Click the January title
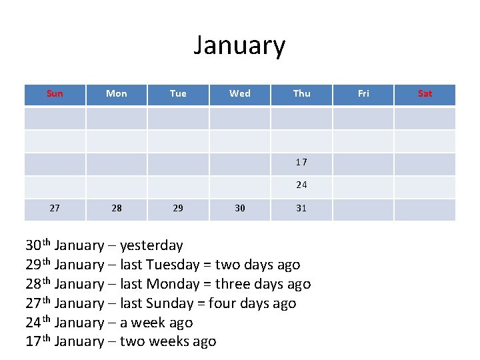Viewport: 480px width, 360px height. coord(239,45)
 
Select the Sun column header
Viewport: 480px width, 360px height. coord(55,93)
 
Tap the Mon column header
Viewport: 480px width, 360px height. coord(117,93)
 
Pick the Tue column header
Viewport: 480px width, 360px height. coord(178,93)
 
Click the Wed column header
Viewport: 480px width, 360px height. coord(240,93)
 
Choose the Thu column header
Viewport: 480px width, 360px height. coord(301,93)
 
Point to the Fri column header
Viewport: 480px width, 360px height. coord(363,93)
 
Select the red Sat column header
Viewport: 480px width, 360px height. coord(425,93)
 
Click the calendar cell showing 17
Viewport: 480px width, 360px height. coord(301,162)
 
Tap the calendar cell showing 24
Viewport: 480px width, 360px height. coord(301,185)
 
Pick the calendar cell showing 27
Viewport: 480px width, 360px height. coord(55,208)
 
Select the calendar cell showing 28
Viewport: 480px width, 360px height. coord(117,208)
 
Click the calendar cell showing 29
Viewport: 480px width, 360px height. coord(178,208)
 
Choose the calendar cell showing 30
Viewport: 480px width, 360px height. coord(240,208)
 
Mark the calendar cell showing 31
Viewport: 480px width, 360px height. coord(301,208)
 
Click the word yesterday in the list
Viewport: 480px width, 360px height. coord(151,246)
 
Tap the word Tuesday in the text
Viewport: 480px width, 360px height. coord(172,265)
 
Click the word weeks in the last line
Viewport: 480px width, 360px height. coord(172,342)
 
